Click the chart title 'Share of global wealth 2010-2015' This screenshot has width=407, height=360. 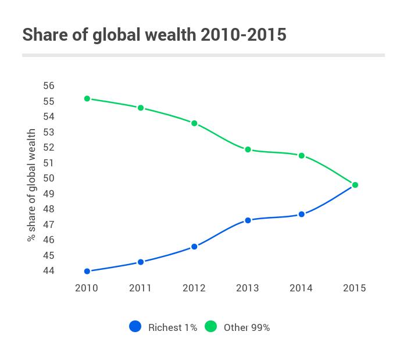pos(154,35)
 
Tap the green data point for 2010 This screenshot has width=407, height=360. pos(87,99)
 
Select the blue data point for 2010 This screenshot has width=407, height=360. pos(87,271)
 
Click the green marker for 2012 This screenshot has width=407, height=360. pos(194,123)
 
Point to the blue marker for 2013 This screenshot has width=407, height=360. pos(248,220)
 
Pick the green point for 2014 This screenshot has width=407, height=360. pos(301,156)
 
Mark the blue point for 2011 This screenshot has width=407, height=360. pos(141,262)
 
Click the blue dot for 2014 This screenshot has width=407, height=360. pos(301,215)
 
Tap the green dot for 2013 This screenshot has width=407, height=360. pos(248,149)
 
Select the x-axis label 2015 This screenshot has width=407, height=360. pos(355,288)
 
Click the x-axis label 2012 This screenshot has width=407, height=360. pos(194,288)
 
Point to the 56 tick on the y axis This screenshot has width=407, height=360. pos(49,86)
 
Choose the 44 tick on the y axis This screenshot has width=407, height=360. pos(49,271)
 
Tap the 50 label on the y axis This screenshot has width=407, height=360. pos(49,179)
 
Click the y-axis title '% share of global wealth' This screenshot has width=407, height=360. pos(31,185)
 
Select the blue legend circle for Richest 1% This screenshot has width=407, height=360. pos(135,327)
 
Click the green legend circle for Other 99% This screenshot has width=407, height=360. pos(210,327)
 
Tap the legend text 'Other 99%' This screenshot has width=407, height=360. pos(247,327)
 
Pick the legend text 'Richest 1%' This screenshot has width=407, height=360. pos(173,327)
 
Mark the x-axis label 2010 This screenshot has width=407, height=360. pos(87,288)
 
